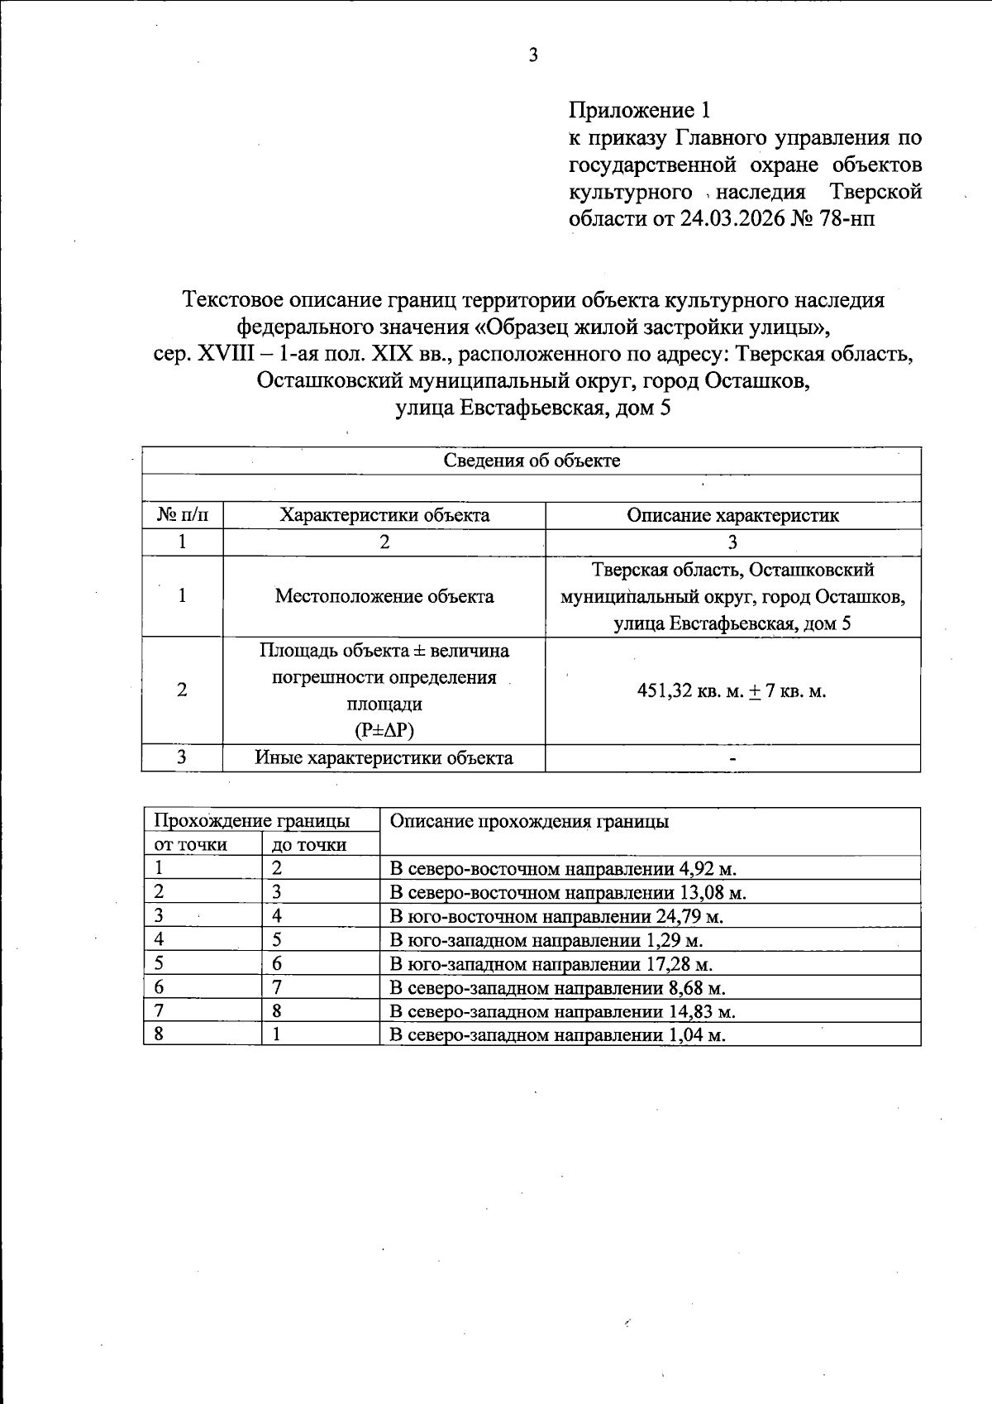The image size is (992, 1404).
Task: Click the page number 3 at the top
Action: pos(533,56)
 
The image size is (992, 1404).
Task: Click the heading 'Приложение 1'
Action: pos(639,110)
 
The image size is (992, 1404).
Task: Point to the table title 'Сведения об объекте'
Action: pos(532,461)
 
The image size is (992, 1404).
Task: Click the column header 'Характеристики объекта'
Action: pos(384,515)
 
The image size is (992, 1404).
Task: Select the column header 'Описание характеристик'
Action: pos(732,515)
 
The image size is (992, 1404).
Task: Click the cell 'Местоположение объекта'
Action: pos(384,596)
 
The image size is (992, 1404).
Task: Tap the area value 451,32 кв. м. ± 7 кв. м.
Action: pos(732,691)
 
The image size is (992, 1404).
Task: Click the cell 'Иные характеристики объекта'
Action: pos(384,757)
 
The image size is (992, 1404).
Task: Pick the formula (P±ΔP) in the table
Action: pos(384,730)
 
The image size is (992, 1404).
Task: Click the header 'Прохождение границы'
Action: pos(252,821)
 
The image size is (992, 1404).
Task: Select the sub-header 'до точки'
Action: pos(309,845)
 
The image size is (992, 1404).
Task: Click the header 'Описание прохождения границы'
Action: pos(529,821)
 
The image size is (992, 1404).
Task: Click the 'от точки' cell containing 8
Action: pos(159,1035)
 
